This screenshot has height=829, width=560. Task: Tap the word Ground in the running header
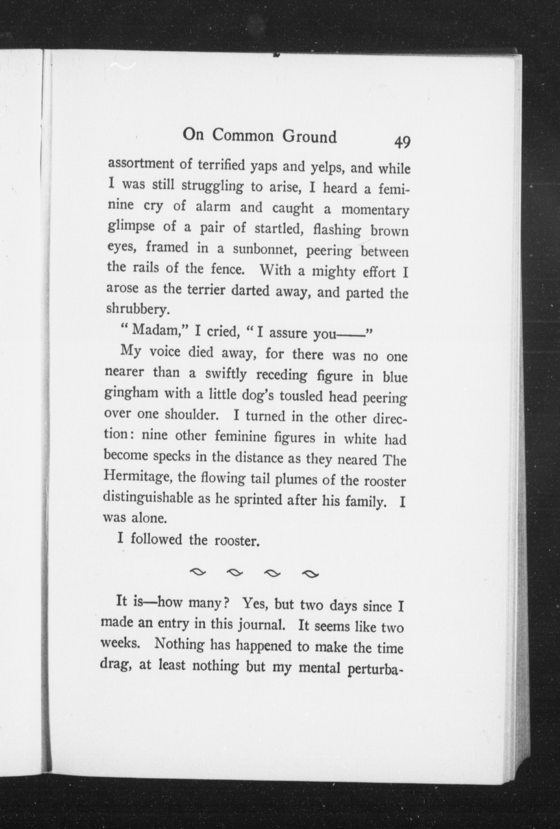point(310,137)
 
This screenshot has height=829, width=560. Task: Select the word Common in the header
point(244,136)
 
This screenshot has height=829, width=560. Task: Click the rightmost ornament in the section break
point(310,574)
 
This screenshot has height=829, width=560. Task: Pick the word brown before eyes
point(389,232)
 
